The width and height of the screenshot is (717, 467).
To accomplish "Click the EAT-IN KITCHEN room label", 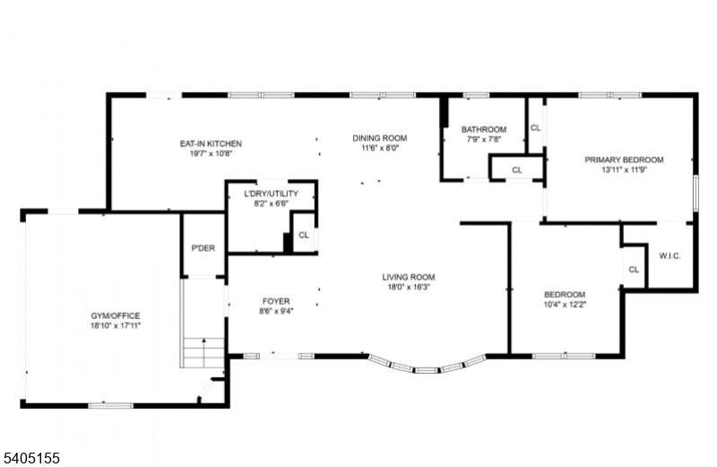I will coord(211,143).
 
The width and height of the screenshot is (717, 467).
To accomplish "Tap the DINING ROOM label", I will coord(379,138).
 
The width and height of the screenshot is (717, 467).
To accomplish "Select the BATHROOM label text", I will coord(484,129).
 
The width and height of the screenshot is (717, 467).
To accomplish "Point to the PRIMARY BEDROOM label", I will coord(624,160).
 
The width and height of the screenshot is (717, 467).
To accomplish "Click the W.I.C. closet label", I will coord(669,255).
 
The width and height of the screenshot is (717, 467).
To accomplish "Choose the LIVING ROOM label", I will coord(408,277).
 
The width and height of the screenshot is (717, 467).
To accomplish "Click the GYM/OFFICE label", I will coord(115,316).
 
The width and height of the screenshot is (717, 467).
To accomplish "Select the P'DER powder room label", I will coord(203,248).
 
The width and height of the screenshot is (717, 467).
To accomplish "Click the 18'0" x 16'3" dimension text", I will coord(408,288).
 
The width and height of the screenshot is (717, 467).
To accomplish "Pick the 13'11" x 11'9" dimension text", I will coord(624,170).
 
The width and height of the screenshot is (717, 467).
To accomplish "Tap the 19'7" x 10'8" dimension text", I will coord(211,154).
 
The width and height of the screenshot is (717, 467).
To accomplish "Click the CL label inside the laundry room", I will coord(304,236).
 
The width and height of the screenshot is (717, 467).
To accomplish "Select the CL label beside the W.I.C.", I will coord(634,270).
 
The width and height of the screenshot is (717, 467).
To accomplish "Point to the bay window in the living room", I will coord(427,367).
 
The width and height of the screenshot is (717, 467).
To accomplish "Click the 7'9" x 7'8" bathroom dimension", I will coord(484,139).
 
